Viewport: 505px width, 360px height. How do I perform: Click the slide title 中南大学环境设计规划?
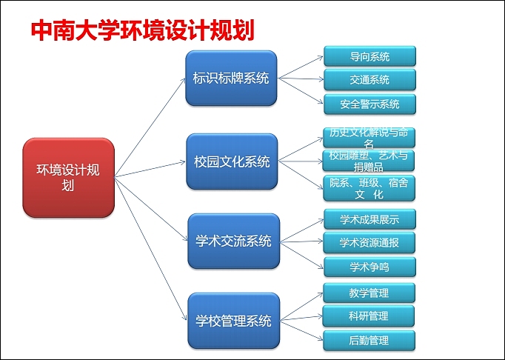point(142,30)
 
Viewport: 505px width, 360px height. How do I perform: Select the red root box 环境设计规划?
point(69,177)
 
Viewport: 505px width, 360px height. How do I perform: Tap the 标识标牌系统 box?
point(230,79)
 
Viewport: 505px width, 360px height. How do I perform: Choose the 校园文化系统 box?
point(230,161)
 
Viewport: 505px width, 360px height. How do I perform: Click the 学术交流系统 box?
point(233,241)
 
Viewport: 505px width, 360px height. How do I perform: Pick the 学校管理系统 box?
point(233,321)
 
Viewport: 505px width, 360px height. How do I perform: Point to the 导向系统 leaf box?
point(369,56)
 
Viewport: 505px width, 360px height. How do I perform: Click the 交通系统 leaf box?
point(369,80)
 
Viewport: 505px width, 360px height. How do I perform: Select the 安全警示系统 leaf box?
point(369,104)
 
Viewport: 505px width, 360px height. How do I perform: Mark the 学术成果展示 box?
point(369,219)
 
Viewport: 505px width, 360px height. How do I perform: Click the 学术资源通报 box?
point(369,242)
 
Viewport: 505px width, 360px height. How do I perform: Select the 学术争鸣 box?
point(369,266)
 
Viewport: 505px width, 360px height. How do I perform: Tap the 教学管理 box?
point(369,293)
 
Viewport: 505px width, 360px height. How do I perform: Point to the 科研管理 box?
point(369,316)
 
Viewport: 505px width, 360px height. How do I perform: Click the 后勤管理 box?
point(369,341)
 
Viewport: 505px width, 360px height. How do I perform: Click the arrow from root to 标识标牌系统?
point(150,127)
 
